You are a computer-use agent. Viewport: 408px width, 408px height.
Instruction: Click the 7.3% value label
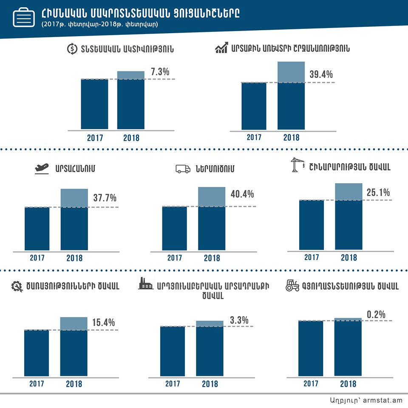coord(160,72)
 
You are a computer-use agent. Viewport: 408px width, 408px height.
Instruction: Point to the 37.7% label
coord(105,198)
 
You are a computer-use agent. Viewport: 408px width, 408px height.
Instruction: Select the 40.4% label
coord(242,195)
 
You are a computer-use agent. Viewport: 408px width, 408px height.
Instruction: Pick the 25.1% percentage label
coord(378,193)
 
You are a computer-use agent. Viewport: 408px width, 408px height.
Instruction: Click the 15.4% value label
coord(104,323)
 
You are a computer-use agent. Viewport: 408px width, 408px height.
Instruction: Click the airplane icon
coord(42,168)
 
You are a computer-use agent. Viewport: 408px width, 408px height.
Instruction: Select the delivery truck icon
coord(183,169)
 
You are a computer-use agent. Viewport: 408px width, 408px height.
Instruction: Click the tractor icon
coord(292,286)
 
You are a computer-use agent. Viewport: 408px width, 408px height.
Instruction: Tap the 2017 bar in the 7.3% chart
coord(94,104)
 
